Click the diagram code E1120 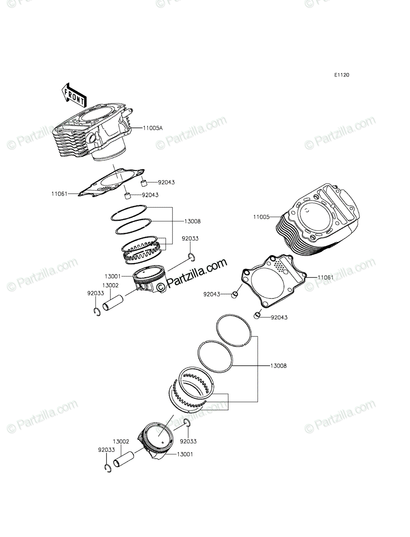pyautogui.click(x=342, y=75)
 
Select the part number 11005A pyautogui.click(x=153, y=128)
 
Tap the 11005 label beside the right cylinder pyautogui.click(x=261, y=217)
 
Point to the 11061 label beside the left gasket pyautogui.click(x=59, y=194)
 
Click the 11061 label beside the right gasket pyautogui.click(x=325, y=277)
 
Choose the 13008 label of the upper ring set pyautogui.click(x=192, y=221)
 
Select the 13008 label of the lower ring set pyautogui.click(x=279, y=373)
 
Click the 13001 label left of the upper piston pyautogui.click(x=113, y=277)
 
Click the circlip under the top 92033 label pyautogui.click(x=191, y=257)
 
